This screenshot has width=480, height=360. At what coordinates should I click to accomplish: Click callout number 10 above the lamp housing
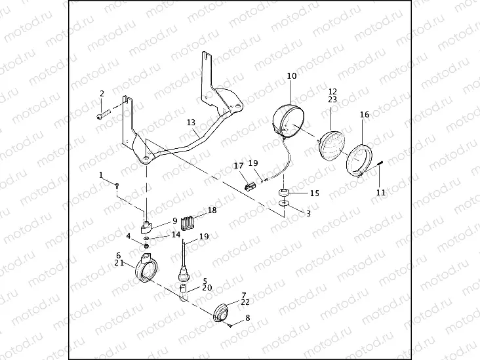292,76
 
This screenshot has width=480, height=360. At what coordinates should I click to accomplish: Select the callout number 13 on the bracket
191,123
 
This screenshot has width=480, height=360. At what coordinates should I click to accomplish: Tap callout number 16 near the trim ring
365,115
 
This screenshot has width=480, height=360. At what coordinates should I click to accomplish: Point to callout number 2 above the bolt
102,94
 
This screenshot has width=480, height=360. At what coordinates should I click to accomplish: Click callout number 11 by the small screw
381,192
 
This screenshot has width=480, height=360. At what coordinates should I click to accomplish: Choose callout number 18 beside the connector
212,210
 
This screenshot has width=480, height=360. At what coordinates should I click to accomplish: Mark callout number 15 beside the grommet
314,193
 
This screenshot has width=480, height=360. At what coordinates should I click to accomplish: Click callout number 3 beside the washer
309,214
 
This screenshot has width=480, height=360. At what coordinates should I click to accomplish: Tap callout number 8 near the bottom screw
247,318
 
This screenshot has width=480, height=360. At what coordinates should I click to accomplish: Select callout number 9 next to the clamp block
175,220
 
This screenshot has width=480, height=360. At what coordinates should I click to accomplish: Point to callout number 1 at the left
102,175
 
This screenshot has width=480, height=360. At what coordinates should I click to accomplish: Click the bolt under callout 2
102,116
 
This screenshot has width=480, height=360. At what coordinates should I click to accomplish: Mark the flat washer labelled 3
283,205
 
